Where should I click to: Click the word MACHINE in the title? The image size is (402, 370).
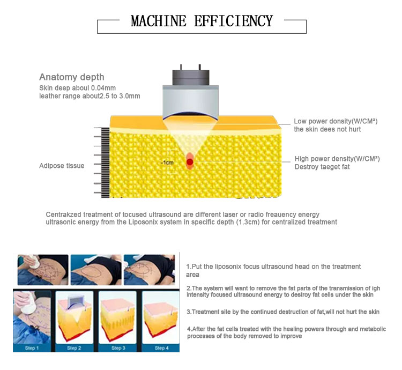159,21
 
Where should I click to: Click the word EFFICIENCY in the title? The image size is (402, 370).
234,21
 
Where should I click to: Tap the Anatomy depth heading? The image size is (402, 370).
72,77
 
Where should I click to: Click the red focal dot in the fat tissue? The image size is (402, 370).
190,162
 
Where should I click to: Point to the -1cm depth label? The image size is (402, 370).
167,162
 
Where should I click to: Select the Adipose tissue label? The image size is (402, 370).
62,166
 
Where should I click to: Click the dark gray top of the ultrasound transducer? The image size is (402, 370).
191,77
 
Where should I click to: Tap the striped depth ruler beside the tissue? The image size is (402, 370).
106,163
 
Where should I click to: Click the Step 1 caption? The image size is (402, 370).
32,348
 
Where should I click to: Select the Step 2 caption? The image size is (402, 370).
74,348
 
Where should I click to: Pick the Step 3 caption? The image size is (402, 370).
118,348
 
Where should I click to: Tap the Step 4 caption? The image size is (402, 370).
161,348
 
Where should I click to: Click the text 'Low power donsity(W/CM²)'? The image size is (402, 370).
336,121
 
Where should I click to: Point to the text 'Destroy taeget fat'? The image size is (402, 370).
322,167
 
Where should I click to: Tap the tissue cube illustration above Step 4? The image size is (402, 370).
161,320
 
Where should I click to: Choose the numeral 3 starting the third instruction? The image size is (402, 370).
189,312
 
